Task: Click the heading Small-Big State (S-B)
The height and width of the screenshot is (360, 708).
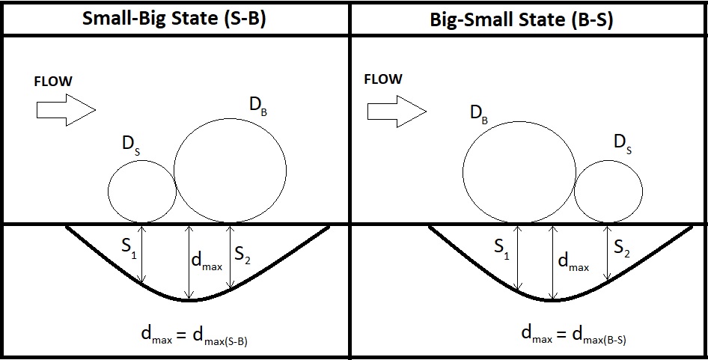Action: [x=174, y=19]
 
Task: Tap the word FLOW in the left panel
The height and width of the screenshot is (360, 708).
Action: [x=53, y=82]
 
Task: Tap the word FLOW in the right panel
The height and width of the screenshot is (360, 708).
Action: [x=383, y=79]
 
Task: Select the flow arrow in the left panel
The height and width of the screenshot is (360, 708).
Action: [x=66, y=110]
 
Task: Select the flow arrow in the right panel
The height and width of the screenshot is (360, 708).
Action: [x=397, y=111]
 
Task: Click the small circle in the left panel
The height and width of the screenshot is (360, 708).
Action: [x=108, y=192]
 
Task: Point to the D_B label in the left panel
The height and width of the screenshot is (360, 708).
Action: [x=257, y=107]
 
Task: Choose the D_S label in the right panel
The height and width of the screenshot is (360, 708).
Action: [x=623, y=144]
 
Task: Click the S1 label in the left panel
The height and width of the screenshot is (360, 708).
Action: [x=129, y=249]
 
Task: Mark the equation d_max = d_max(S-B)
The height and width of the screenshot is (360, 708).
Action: [x=195, y=335]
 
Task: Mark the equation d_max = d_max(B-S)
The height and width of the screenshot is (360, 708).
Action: [x=573, y=335]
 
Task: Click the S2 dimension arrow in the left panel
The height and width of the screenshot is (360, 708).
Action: [x=231, y=256]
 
